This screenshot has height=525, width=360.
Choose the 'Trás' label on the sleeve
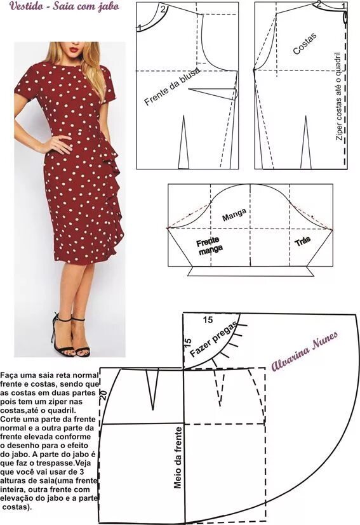pos(302,243)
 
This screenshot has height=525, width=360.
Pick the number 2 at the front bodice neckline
pos(163,9)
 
